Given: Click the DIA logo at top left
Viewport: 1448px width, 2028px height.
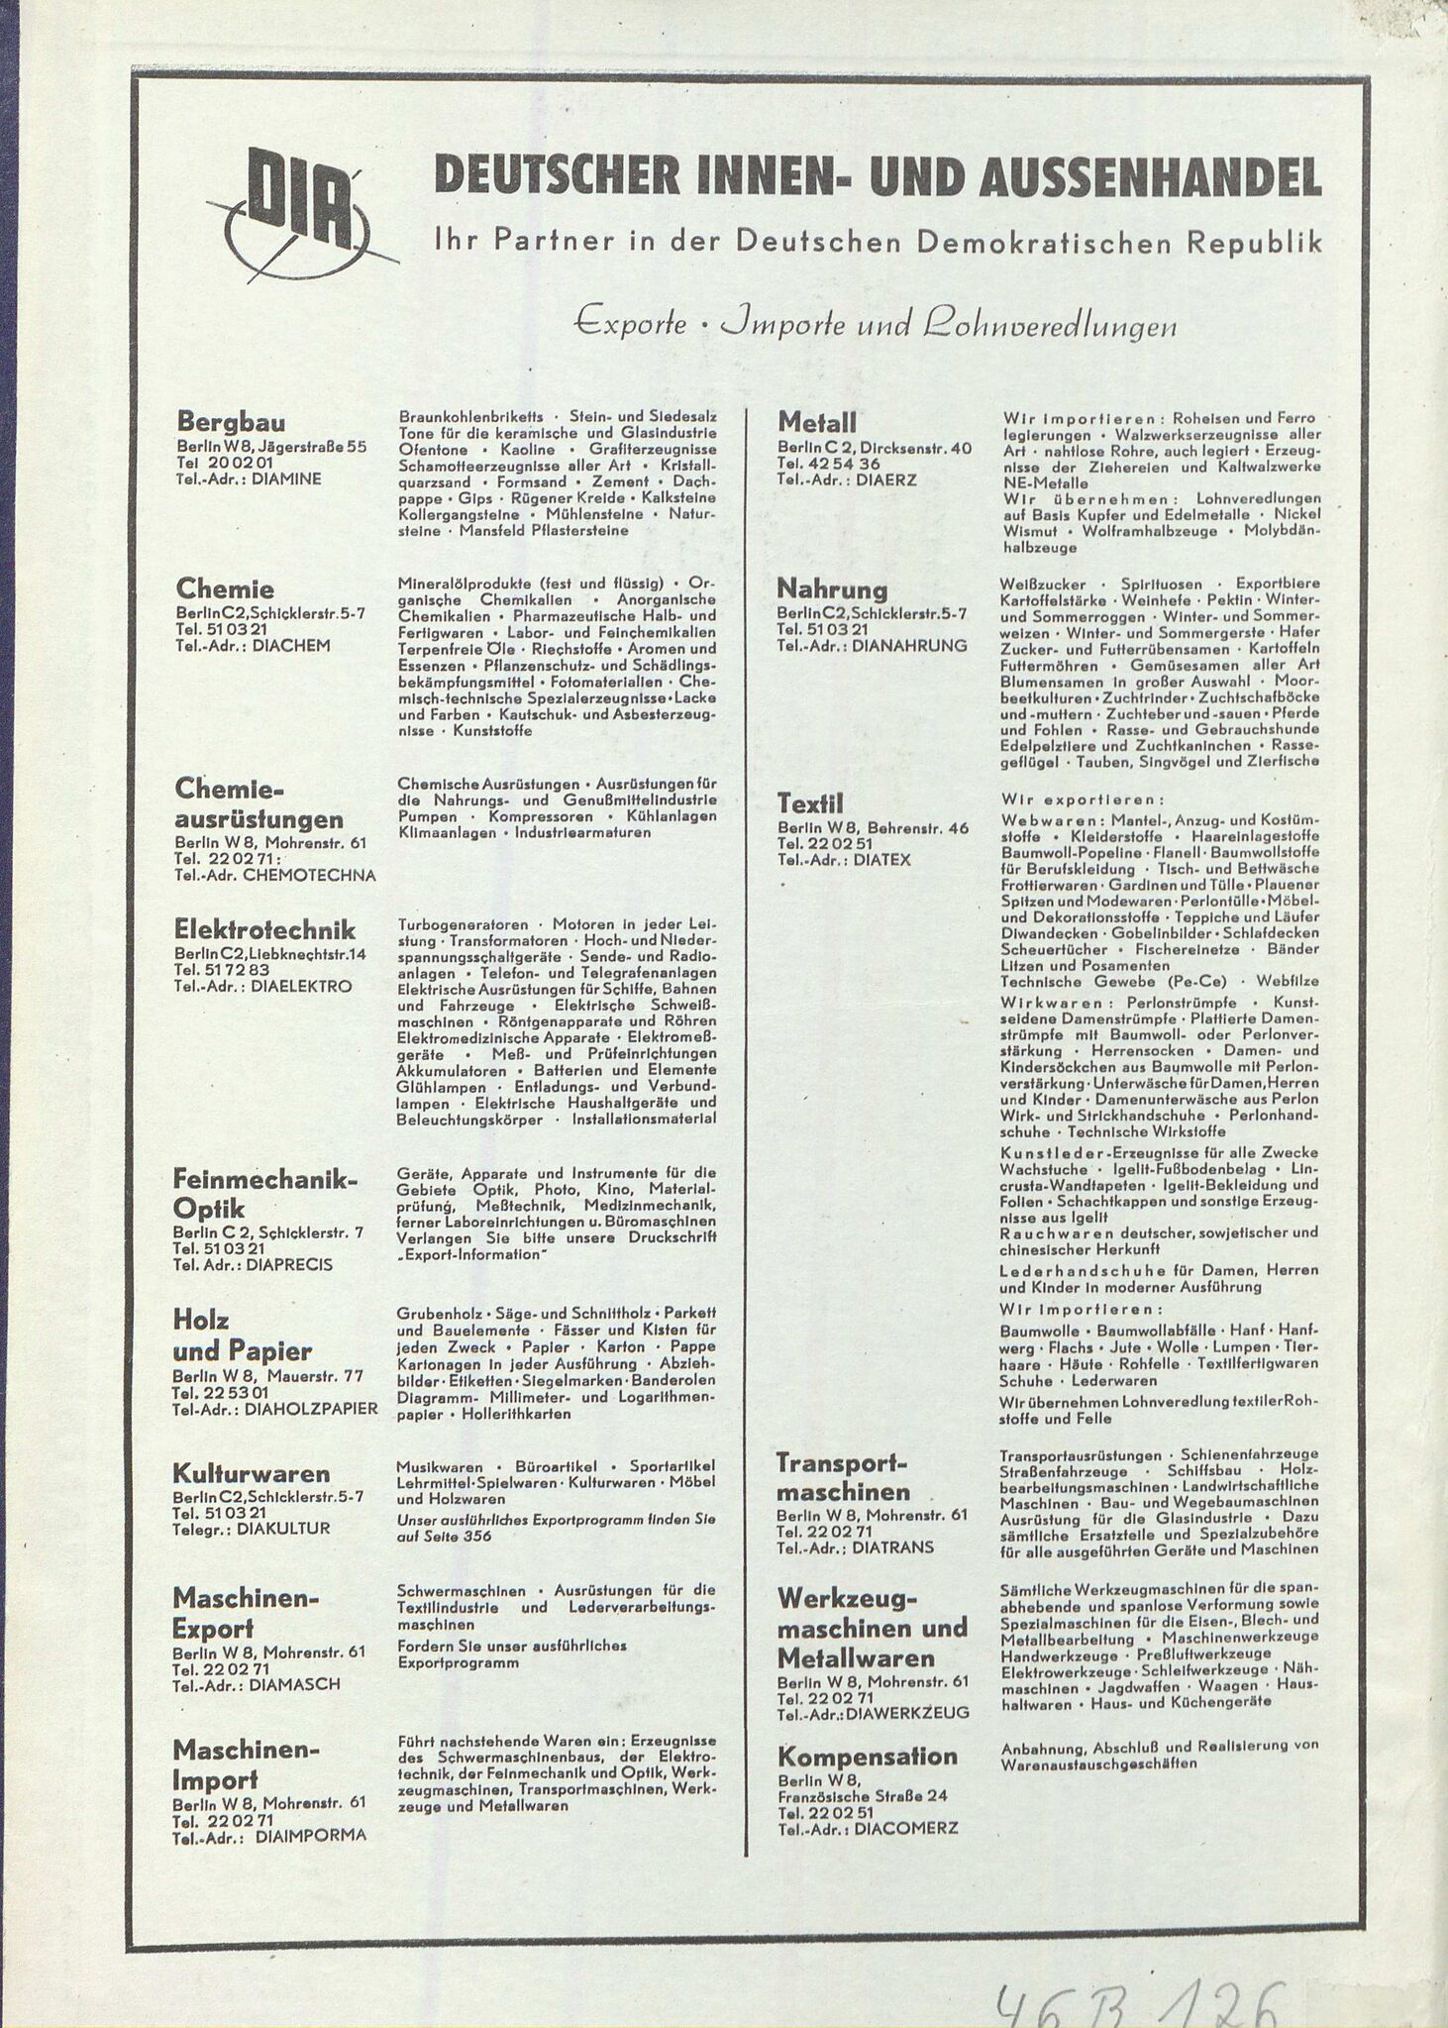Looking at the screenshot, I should [x=298, y=209].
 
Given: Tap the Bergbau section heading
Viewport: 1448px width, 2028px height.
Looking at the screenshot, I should [x=231, y=423].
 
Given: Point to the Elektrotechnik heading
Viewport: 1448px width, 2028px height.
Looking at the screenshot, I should [x=263, y=929].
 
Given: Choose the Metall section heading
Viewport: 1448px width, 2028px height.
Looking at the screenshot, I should [x=816, y=422].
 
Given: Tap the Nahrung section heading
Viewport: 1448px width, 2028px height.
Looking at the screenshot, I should [x=831, y=589].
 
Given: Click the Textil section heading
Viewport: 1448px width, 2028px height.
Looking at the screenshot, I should [x=810, y=802].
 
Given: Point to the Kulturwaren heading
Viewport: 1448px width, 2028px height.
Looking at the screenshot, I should [x=251, y=1472].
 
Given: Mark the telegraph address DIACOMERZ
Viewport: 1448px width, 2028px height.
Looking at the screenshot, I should [x=907, y=1829].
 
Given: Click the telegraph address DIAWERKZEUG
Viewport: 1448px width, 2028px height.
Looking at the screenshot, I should [x=916, y=1712].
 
